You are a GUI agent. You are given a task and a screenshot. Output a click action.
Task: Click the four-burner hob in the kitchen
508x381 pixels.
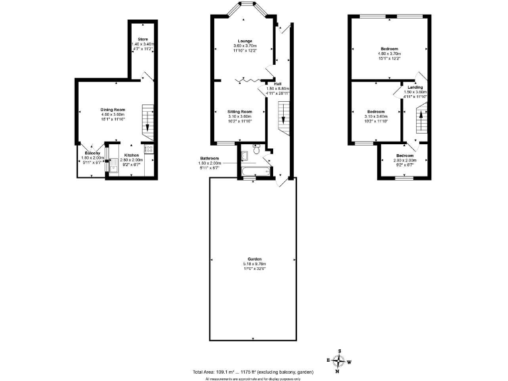[149, 150]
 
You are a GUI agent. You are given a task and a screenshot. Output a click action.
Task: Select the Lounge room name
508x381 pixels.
[245, 41]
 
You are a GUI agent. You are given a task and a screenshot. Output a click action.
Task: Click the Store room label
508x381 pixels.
[142, 39]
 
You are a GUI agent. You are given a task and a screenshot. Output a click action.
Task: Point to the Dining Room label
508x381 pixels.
[113, 109]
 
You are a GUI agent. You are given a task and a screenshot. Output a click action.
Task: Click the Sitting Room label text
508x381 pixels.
[240, 112]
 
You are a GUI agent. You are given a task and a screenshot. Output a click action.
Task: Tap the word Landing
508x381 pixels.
[415, 87]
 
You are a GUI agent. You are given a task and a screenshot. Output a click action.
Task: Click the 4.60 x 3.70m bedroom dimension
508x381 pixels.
[389, 53]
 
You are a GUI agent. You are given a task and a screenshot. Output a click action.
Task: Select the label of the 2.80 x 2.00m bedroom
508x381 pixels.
[405, 155]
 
